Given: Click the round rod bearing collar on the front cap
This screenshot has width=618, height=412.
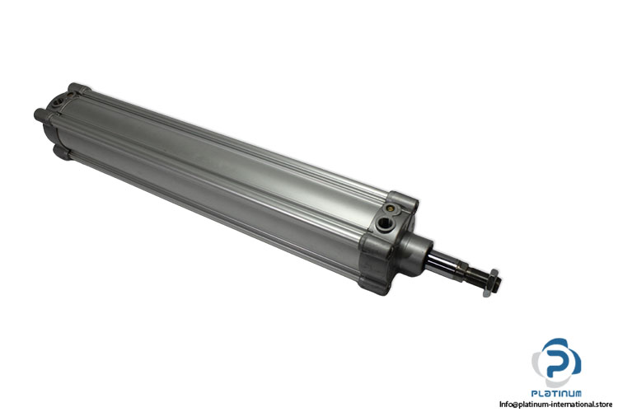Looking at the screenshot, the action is [x=417, y=246].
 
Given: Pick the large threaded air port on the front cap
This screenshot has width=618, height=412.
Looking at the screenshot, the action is [x=383, y=226].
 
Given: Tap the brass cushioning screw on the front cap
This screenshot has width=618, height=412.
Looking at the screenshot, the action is [x=391, y=208].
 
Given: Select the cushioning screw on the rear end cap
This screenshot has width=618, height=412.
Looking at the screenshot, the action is [x=72, y=93].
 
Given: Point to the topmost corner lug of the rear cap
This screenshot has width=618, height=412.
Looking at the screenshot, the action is [x=77, y=89].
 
